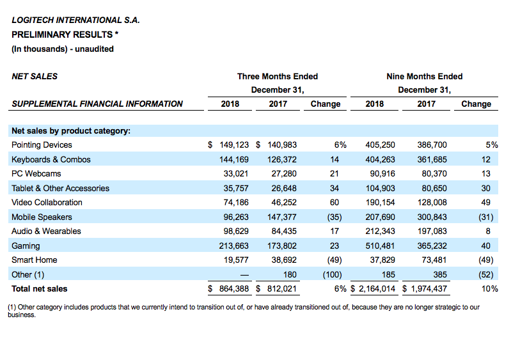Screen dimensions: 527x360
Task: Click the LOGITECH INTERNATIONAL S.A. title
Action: [75, 20]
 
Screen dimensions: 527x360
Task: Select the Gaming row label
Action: [26, 246]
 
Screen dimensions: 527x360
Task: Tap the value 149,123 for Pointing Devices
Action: [234, 145]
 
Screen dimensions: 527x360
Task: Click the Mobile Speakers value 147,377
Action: [282, 217]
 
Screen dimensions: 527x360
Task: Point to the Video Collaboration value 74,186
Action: [236, 202]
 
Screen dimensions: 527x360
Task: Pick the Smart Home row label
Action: [35, 260]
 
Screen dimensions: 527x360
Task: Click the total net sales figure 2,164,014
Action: [377, 289]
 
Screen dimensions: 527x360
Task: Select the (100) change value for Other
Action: [332, 274]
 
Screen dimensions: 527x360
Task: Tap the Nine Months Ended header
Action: [425, 76]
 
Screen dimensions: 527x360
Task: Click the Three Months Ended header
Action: [278, 76]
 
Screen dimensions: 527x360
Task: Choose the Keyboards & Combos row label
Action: [51, 159]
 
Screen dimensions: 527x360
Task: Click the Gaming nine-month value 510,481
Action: [380, 246]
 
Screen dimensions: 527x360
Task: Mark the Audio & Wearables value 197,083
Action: [432, 231]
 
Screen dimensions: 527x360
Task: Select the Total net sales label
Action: [39, 289]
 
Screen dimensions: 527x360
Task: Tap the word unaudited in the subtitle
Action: [94, 49]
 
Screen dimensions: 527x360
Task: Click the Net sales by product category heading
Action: [71, 130]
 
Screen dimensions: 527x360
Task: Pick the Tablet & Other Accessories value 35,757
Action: [236, 188]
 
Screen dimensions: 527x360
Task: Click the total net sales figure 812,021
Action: [282, 289]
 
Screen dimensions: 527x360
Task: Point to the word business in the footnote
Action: [21, 315]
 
